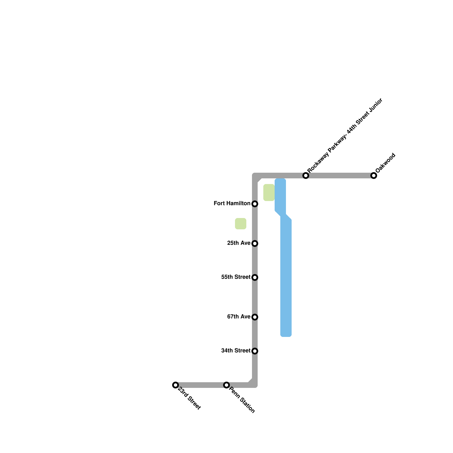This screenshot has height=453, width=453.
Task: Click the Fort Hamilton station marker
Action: click(x=255, y=204)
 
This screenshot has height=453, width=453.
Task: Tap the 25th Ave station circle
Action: click(x=255, y=243)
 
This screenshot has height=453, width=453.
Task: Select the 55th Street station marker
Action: click(x=255, y=277)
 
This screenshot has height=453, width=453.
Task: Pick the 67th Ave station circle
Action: click(x=255, y=317)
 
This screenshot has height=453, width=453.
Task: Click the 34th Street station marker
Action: click(x=255, y=351)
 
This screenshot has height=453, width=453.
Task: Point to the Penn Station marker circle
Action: click(x=226, y=385)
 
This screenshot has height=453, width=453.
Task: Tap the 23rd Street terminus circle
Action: click(x=176, y=385)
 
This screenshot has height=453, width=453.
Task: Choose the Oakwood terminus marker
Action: click(x=374, y=176)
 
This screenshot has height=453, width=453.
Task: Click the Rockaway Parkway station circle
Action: click(x=306, y=176)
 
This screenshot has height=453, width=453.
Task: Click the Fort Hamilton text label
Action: click(x=232, y=204)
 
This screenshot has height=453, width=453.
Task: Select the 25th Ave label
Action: click(x=238, y=243)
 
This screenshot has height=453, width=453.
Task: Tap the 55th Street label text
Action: click(x=236, y=277)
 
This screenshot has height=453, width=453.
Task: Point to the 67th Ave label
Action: click(x=238, y=317)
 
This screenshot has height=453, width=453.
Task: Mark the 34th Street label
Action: click(x=236, y=351)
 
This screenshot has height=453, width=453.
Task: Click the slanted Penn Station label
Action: click(x=242, y=400)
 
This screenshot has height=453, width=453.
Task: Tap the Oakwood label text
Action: click(x=385, y=163)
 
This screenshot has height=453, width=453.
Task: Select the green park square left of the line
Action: click(x=241, y=224)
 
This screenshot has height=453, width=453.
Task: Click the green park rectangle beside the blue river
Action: click(x=269, y=193)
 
